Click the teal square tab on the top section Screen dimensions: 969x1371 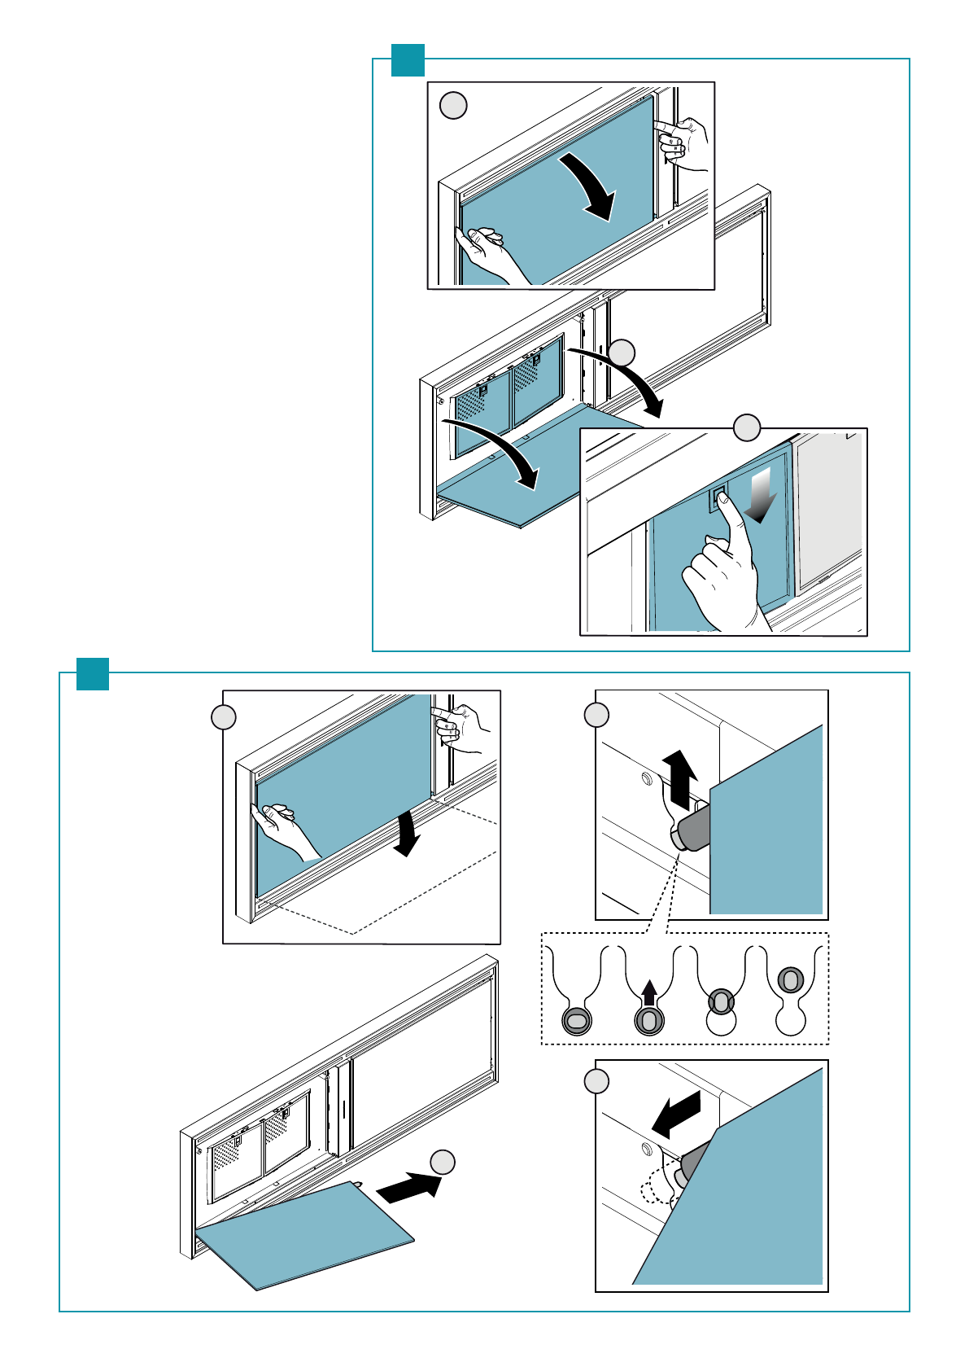click(408, 60)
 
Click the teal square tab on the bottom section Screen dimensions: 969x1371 click(93, 674)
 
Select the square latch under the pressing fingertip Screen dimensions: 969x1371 click(718, 497)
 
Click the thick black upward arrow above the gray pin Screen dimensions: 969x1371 click(679, 777)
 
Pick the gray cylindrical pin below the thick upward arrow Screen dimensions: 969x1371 click(692, 829)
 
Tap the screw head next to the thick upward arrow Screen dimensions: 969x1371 click(647, 780)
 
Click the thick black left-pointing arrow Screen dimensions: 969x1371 click(676, 1115)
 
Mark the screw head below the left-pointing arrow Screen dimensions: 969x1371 click(647, 1150)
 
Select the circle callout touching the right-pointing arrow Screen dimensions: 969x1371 click(443, 1163)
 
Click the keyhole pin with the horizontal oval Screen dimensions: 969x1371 click(575, 1020)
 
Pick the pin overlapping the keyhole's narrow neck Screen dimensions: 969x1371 click(720, 1001)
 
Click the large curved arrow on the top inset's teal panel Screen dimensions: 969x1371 click(591, 186)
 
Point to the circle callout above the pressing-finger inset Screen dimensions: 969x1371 click(747, 427)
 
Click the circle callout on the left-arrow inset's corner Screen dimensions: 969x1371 click(596, 1081)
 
